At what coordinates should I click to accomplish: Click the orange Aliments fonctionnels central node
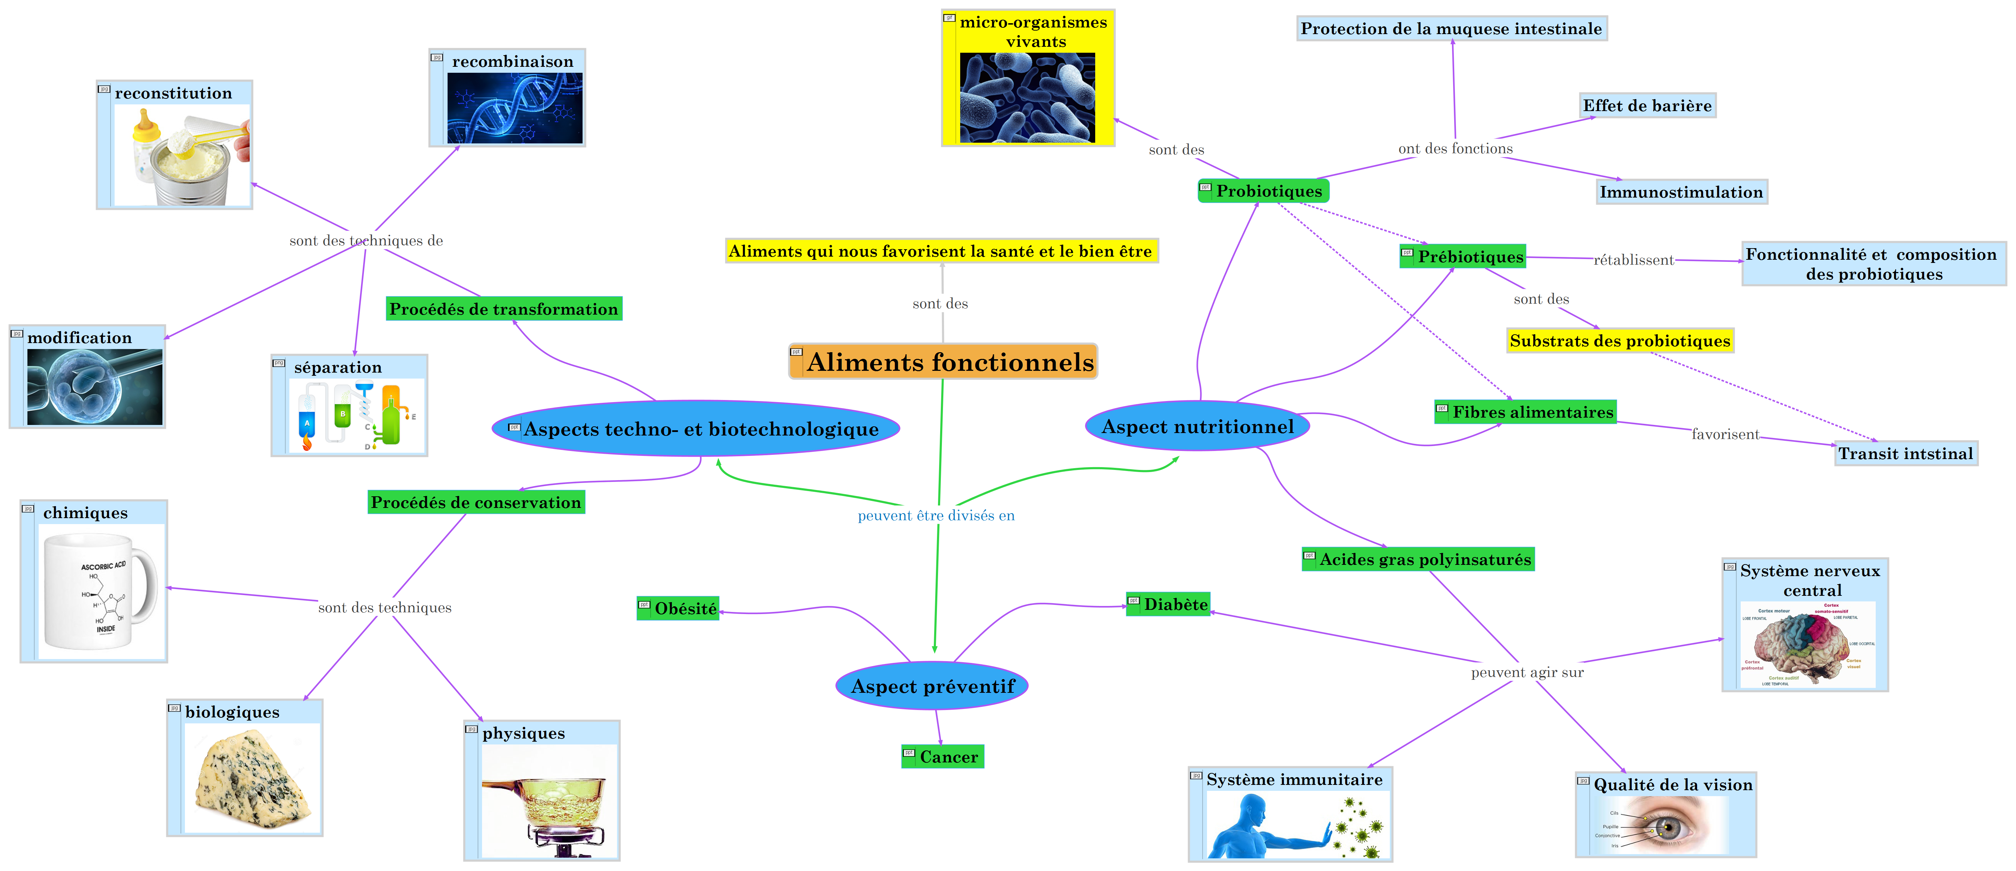(943, 362)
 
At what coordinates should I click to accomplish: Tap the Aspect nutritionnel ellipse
(1198, 426)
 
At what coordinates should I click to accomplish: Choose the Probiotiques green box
(1264, 191)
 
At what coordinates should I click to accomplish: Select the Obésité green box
(679, 609)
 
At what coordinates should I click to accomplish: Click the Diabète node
(1168, 604)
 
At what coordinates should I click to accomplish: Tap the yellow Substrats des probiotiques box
(1620, 340)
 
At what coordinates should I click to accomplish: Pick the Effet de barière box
(1648, 106)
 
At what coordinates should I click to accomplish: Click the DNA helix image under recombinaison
(515, 108)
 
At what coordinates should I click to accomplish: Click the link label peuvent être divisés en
(936, 516)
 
